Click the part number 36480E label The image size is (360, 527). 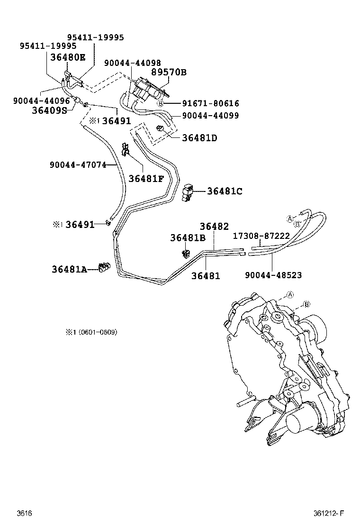click(69, 57)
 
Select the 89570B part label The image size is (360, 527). click(169, 72)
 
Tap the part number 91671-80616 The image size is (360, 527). click(210, 103)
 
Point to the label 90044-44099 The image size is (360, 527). click(210, 115)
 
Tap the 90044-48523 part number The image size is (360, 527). click(273, 275)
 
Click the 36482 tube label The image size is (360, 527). click(214, 227)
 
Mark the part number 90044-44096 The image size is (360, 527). click(41, 100)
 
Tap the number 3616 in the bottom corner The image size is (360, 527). click(24, 513)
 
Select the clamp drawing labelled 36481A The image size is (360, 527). click(104, 268)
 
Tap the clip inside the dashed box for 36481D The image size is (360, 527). click(160, 128)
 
